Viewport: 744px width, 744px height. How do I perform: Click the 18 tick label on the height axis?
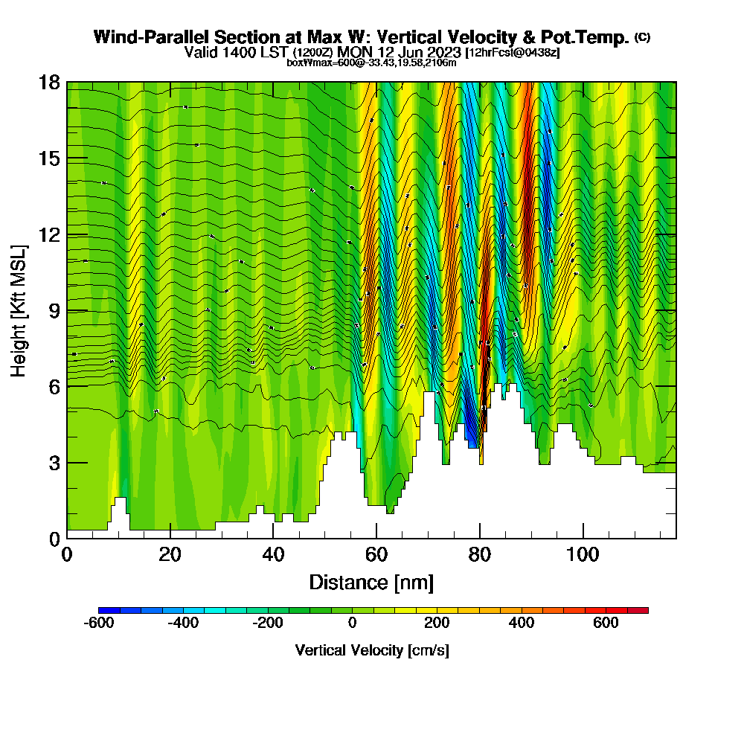point(50,82)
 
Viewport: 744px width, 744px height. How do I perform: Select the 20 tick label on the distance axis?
point(170,556)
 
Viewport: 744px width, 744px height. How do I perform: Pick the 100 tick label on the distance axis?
point(583,556)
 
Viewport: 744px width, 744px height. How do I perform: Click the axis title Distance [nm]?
point(371,582)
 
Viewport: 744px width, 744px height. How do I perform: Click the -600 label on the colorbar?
point(100,623)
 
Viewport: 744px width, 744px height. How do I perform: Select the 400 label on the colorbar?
point(522,623)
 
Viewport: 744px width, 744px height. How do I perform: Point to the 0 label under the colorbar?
point(353,623)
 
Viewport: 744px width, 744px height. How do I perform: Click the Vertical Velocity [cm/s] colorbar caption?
point(372,650)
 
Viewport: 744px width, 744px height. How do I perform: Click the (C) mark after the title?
point(642,37)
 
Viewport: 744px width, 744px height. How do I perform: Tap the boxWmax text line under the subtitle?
point(371,62)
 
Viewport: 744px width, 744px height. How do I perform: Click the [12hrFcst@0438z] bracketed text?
point(512,53)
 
